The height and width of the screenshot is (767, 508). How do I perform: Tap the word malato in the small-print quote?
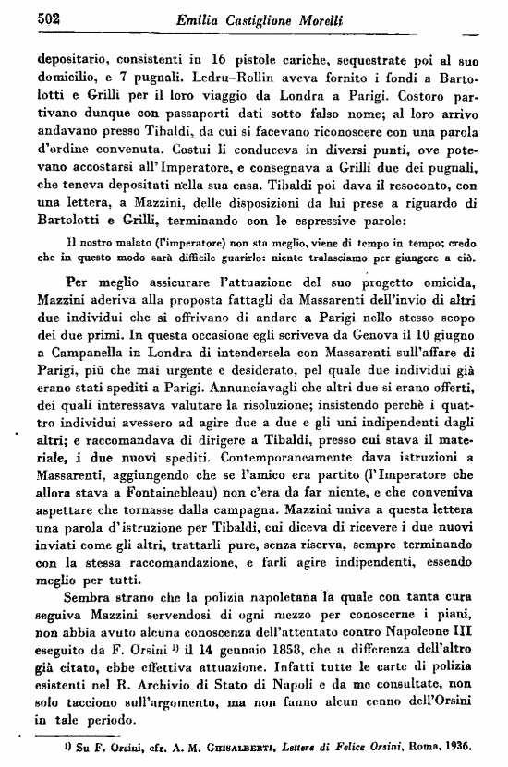click(118, 243)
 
